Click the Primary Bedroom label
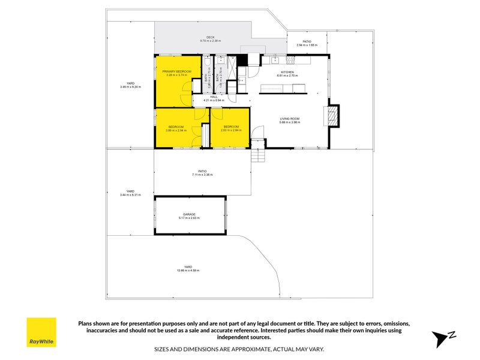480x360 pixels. (x=176, y=71)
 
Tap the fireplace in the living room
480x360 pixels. (x=332, y=116)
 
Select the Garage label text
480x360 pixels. (x=190, y=214)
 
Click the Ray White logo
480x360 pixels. (x=41, y=332)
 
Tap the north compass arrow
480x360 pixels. (x=443, y=338)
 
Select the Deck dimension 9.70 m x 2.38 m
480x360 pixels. (x=211, y=41)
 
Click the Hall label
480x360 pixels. (x=214, y=97)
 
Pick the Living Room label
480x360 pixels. (x=289, y=119)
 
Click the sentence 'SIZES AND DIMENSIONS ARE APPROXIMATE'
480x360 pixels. (x=240, y=349)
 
